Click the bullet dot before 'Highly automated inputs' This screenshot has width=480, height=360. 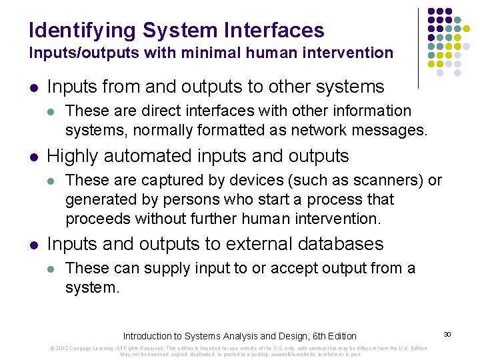(34, 157)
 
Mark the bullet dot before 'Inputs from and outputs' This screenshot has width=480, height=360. (34, 87)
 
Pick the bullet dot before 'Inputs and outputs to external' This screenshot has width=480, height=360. (34, 245)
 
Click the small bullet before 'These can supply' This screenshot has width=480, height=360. (53, 268)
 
